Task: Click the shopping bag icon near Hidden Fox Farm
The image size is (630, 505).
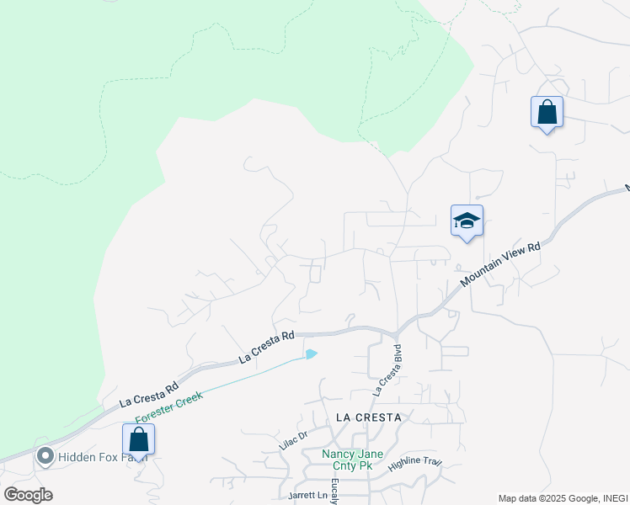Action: coord(138,440)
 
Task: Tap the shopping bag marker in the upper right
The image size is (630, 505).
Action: coord(547,112)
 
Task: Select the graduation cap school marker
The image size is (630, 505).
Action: coord(467,221)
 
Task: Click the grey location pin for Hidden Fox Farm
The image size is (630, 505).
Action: coord(45,457)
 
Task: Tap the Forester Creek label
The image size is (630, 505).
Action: coord(169,406)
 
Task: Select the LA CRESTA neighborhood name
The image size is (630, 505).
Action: coord(369,417)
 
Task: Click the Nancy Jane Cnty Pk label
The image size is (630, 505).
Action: coord(359,460)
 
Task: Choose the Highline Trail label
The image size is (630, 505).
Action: coord(415,463)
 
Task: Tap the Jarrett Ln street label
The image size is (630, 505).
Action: coord(307,495)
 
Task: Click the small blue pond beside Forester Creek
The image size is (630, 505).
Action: coord(311,354)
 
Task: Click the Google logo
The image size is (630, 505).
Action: coord(28,494)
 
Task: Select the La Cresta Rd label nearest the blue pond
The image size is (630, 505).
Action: coord(266,347)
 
